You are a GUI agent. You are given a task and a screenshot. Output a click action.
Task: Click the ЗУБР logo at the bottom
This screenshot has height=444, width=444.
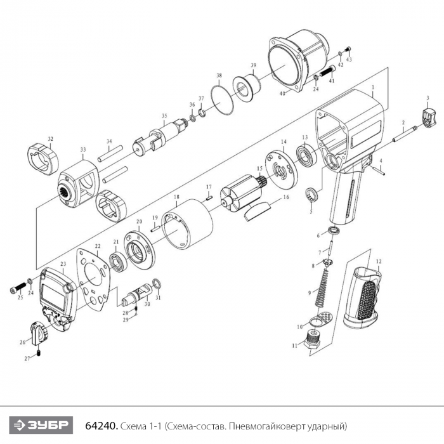(41, 425)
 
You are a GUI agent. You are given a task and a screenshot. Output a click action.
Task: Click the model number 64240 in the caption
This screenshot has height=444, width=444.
(101, 426)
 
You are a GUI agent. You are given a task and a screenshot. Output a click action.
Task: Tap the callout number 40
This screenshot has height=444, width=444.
(282, 93)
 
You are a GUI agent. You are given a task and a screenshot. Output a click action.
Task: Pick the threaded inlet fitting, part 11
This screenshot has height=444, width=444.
(312, 339)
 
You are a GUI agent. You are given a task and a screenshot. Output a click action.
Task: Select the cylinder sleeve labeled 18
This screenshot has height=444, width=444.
(187, 224)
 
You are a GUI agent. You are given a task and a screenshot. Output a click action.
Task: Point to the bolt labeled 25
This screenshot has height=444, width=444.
(18, 289)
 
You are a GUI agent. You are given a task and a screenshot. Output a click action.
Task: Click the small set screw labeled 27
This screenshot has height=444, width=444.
(39, 353)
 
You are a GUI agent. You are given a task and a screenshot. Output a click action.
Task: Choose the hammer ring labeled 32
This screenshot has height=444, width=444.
(43, 159)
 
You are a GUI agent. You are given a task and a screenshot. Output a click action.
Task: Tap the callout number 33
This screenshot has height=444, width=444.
(83, 150)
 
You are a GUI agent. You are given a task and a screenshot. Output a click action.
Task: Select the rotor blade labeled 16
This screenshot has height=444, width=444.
(257, 211)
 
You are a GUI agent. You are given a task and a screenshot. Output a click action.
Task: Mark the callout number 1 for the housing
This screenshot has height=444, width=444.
(373, 88)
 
